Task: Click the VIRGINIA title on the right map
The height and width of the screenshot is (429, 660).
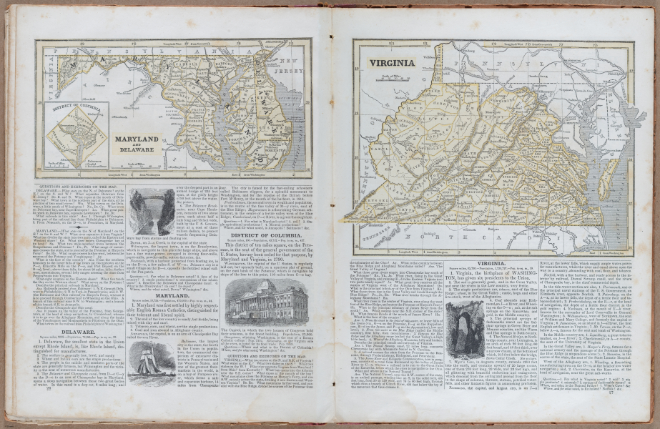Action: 393,63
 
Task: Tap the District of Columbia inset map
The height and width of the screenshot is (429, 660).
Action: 76,135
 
